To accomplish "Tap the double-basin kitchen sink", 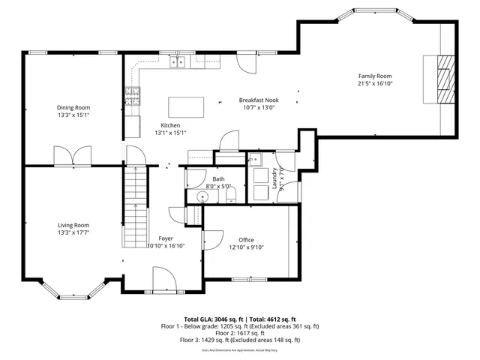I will click(178, 62).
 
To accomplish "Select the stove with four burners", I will click(132, 95).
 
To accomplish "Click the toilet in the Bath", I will click(230, 196).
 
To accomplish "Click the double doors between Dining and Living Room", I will click(73, 157).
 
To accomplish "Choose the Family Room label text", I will click(374, 76).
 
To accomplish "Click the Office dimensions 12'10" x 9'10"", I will click(246, 247).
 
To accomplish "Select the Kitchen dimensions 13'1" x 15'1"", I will click(170, 133).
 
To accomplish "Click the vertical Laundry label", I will click(275, 179).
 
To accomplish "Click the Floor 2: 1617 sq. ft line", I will click(239, 333).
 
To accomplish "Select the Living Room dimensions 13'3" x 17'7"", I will click(73, 232).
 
